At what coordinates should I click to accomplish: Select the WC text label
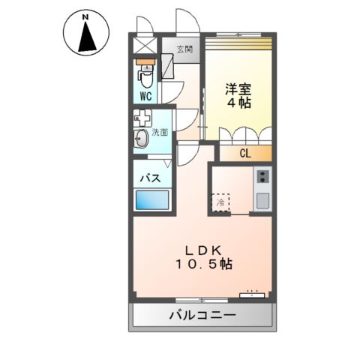[x=145, y=97]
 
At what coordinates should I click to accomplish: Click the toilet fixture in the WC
[x=145, y=75]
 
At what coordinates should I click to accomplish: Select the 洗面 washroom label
[x=159, y=132]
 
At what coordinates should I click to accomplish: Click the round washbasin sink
[x=141, y=137]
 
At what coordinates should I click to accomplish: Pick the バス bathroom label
[x=148, y=179]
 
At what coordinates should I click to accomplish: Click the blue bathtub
[x=153, y=201]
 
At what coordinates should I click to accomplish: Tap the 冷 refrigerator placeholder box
[x=220, y=202]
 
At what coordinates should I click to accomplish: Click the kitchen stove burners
[x=262, y=177]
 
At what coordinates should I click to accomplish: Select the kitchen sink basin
[x=262, y=200]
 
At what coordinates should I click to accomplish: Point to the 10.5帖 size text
[x=204, y=265]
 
